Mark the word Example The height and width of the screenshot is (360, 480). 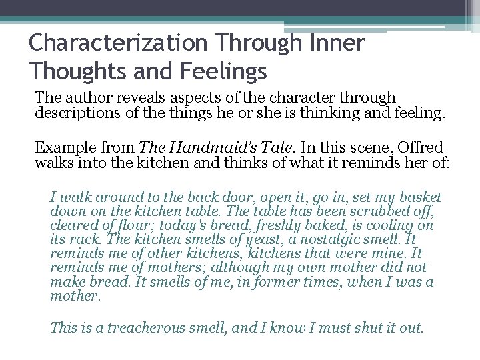(60, 147)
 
